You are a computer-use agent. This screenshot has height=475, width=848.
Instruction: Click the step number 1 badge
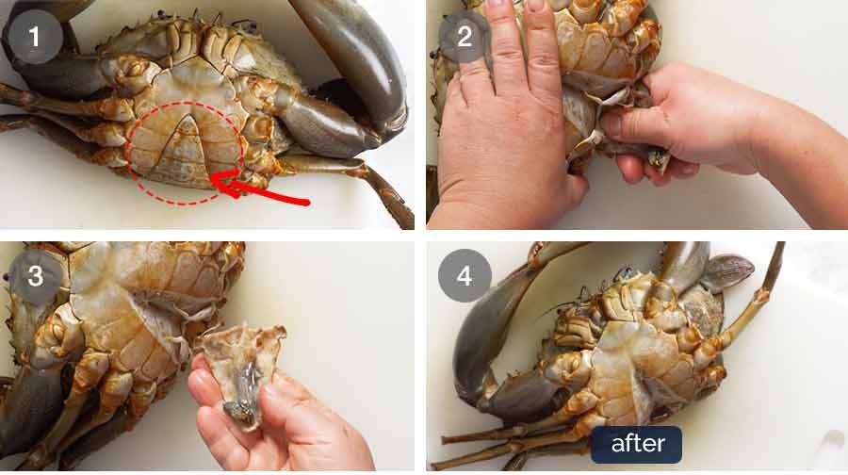click(x=35, y=37)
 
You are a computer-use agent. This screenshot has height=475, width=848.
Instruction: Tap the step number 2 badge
click(x=465, y=37)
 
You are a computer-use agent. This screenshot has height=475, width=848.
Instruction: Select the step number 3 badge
click(x=35, y=276)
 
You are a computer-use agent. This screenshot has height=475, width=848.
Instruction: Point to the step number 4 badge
click(x=465, y=276)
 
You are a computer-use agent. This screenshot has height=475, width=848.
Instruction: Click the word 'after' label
click(x=637, y=444)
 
